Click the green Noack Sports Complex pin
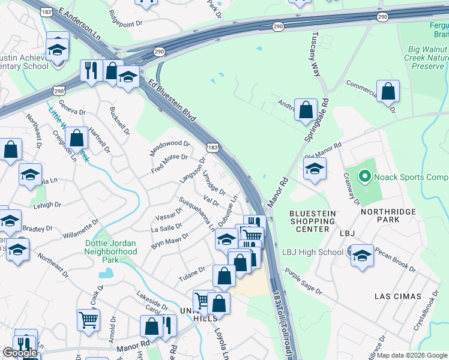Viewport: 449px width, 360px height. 364,177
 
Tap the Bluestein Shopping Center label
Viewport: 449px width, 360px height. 310,221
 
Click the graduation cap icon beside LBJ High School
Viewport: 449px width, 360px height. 361,256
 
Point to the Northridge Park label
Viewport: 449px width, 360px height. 388,220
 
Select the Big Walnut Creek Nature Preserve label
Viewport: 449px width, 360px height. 418,59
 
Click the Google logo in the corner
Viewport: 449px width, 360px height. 20,353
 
